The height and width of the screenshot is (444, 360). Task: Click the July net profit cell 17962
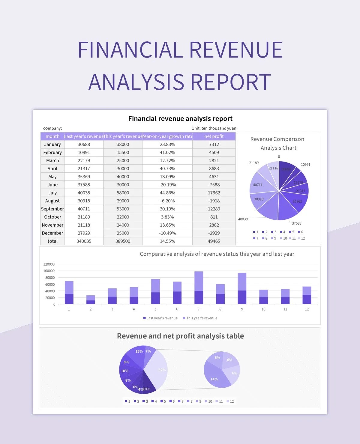[214, 193]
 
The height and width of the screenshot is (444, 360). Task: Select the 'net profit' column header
[214, 136]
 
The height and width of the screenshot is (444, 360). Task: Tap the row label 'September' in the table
[52, 209]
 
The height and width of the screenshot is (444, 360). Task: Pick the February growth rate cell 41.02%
[167, 152]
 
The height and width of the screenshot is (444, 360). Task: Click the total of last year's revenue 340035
[84, 241]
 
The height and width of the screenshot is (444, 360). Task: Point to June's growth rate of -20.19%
[167, 185]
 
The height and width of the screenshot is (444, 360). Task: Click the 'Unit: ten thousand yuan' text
[214, 128]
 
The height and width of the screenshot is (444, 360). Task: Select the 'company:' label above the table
[52, 128]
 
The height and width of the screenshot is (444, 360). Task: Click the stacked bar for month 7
[199, 288]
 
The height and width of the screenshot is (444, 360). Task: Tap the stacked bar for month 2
[91, 300]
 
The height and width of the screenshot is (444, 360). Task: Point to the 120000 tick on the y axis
[49, 264]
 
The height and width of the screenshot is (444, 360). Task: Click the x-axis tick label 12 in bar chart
[307, 309]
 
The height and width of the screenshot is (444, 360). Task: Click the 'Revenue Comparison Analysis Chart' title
[278, 143]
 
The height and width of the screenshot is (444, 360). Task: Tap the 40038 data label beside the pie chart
[243, 219]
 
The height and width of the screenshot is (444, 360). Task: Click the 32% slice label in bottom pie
[162, 370]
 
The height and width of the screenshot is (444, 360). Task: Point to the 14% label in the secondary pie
[214, 379]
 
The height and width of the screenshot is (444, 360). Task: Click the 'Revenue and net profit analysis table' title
[180, 336]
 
